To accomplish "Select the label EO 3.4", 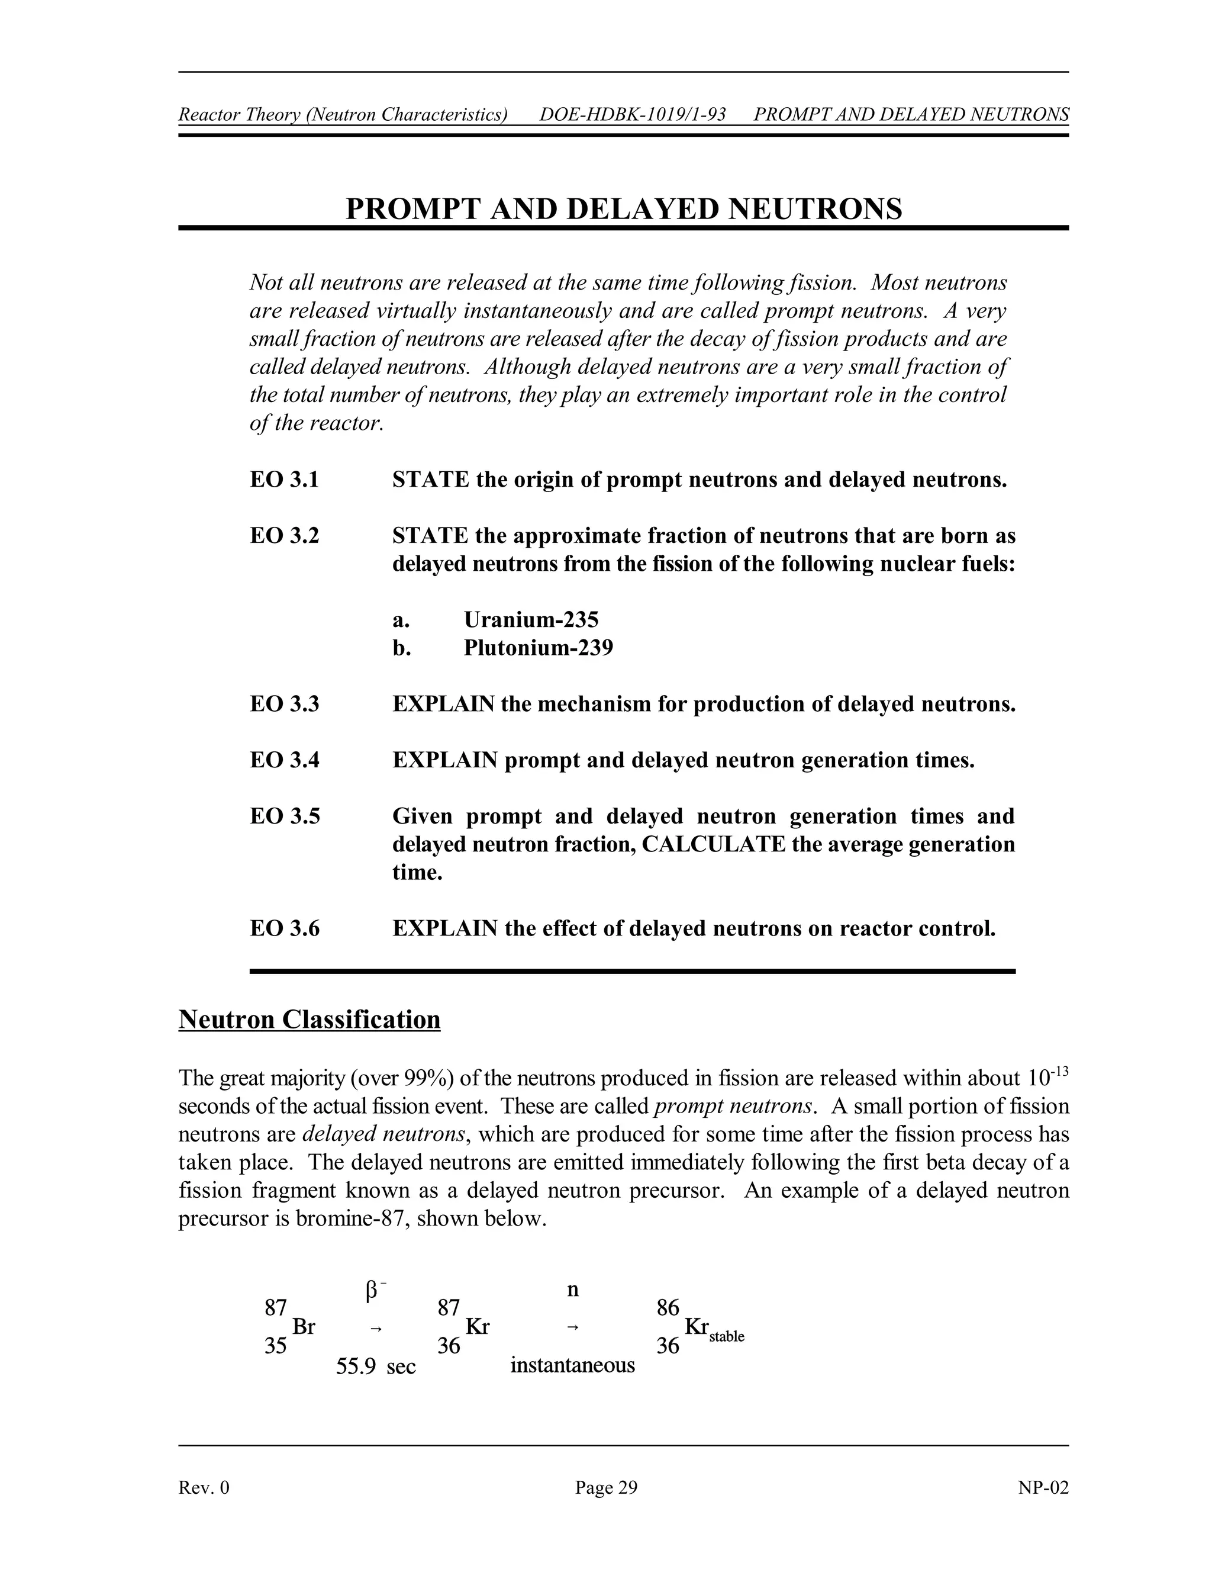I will pos(284,760).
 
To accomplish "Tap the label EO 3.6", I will pos(284,929).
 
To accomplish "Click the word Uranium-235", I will pos(531,620).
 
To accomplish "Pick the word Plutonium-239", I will pos(538,648).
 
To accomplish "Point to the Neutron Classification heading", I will pos(309,1020).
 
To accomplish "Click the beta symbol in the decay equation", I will pos(371,1291).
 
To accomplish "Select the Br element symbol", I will pos(304,1327).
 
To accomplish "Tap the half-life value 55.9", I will pos(356,1366).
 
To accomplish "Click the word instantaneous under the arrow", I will pos(572,1365).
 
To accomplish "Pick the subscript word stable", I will pos(726,1337).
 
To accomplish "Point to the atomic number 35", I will pos(276,1346).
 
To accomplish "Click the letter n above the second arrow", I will pos(572,1290).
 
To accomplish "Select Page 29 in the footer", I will pos(605,1487).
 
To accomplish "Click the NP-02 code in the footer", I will pos(1043,1487).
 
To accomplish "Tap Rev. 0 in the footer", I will pos(204,1487).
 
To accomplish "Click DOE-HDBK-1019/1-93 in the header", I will pos(632,115).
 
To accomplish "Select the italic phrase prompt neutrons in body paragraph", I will pos(733,1107).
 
